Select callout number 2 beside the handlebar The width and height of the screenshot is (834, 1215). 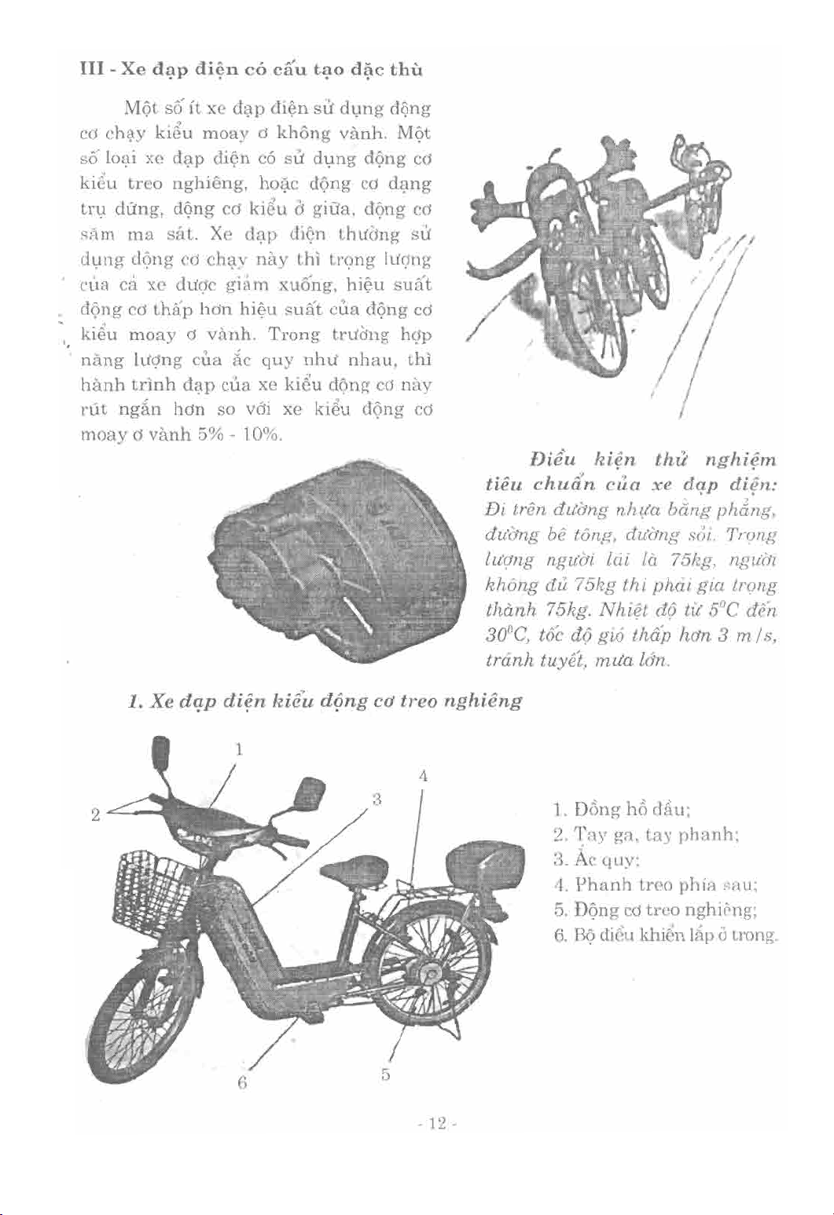tap(95, 814)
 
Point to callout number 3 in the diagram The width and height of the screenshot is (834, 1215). tap(377, 800)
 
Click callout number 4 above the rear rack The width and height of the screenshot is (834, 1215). tap(423, 776)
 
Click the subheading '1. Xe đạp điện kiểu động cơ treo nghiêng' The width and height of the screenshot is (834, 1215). tap(325, 701)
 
